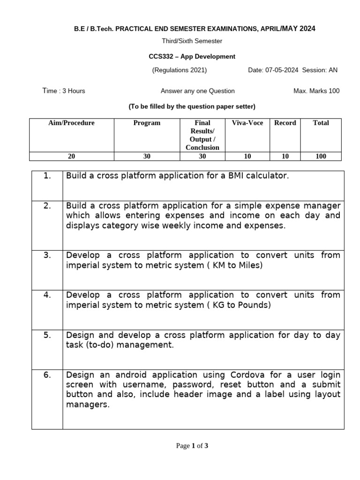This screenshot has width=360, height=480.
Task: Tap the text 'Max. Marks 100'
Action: (x=316, y=91)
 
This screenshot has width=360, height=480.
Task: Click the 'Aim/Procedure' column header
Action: (x=71, y=123)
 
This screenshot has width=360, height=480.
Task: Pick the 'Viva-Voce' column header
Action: (x=247, y=123)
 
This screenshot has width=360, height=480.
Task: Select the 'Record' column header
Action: (x=285, y=123)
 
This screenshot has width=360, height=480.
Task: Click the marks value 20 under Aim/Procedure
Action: (x=71, y=157)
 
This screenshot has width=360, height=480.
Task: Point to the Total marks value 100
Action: (x=321, y=157)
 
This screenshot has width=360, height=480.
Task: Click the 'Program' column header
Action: (x=147, y=123)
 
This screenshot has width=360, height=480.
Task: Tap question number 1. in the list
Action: (x=47, y=176)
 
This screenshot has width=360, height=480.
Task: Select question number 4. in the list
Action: (x=47, y=295)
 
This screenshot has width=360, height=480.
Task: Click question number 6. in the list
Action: (x=47, y=375)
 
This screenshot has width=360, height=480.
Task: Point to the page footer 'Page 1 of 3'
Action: (x=192, y=446)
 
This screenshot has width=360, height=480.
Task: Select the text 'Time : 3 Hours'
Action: (x=64, y=91)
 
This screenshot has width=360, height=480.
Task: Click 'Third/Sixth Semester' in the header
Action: (x=192, y=41)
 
